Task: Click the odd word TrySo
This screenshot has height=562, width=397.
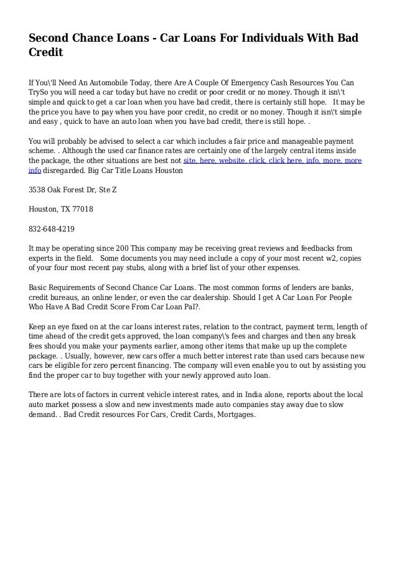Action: tap(39, 92)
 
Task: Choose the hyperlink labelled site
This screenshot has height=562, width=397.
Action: tap(190, 160)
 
